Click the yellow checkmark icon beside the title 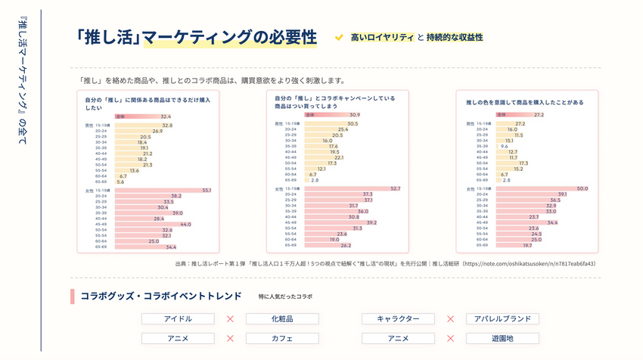340,37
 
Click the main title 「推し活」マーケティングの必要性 196,37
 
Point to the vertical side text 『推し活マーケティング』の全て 22,83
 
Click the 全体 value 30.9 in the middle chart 354,115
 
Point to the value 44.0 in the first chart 185,225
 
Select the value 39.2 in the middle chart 371,222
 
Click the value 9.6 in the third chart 504,146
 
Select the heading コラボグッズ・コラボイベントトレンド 160,296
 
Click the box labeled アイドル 178,319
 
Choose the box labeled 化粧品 282,319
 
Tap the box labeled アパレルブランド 502,319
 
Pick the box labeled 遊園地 502,339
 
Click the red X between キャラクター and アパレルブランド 450,319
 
